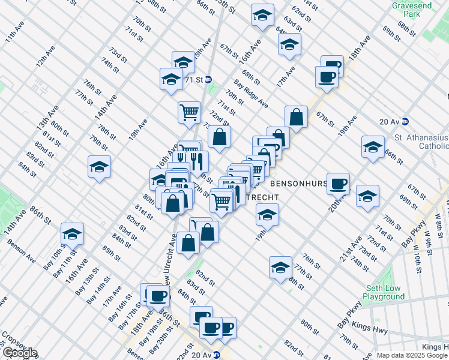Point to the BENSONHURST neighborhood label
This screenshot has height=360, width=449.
pos(298,183)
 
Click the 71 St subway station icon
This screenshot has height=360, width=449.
pos(208,79)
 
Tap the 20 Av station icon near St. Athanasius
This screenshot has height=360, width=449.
pos(405,121)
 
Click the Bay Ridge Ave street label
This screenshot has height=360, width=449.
pos(251,94)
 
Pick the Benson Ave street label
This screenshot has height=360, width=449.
pos(22,251)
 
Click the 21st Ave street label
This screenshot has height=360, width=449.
pos(351,250)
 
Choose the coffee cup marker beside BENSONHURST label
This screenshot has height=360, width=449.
pos(339,183)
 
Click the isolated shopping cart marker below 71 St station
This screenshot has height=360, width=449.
pos(189,112)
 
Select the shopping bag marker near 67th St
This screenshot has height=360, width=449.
pos(296,116)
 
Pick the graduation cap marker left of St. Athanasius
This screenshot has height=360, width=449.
pos(373,146)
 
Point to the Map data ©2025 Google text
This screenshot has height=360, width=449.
pos(412,355)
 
